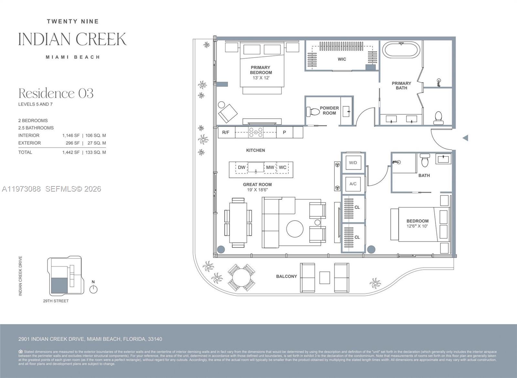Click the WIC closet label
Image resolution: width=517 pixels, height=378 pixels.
pos(342,59)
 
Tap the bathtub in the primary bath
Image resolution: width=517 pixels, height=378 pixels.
pos(401,50)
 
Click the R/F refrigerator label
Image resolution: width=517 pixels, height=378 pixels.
pos(226,132)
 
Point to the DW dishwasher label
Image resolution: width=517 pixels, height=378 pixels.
pos(242,167)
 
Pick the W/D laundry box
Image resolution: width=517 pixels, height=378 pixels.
pos(353,163)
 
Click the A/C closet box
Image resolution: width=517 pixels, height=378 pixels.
pos(353,184)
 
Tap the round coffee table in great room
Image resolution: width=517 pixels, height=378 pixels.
pos(295,229)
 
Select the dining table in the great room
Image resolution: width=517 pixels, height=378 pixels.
pos(238,223)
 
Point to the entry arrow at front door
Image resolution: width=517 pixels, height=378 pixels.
pos(465,138)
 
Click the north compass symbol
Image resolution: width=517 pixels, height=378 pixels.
pos(93,288)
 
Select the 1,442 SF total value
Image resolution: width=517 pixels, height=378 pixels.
pos(71,152)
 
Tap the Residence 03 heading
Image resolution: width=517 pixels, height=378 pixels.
pos(56,94)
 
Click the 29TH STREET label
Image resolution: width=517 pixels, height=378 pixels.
pos(56,301)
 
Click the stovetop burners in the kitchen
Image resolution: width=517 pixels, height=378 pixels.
pos(255,132)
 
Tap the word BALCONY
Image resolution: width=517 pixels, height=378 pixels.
pos(286,276)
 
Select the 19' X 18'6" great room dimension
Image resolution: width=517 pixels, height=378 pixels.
pos(257,190)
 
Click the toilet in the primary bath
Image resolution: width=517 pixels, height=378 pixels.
pos(438,118)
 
